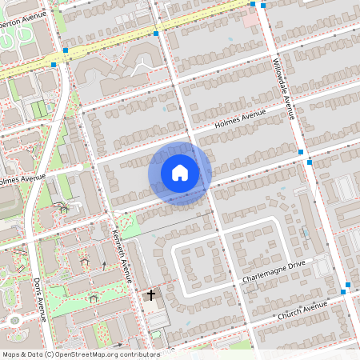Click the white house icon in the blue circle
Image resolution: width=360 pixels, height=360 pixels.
click(x=180, y=173)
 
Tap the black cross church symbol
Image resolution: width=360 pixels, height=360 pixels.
click(x=150, y=296)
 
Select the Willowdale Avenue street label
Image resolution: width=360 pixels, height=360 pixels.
click(x=284, y=89)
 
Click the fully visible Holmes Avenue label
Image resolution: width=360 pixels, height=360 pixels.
click(x=239, y=119)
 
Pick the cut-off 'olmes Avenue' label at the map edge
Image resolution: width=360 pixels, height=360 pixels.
click(x=22, y=179)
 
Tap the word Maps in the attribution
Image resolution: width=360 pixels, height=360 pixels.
click(x=12, y=354)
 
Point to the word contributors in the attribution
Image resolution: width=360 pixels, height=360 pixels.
click(x=140, y=354)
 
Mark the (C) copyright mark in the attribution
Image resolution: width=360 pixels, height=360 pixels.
click(x=49, y=354)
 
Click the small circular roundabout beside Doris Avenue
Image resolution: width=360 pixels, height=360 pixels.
click(x=14, y=320)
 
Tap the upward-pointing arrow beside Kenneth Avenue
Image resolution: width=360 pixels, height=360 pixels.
click(x=103, y=265)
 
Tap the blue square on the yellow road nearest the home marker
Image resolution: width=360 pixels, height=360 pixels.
click(x=156, y=34)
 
